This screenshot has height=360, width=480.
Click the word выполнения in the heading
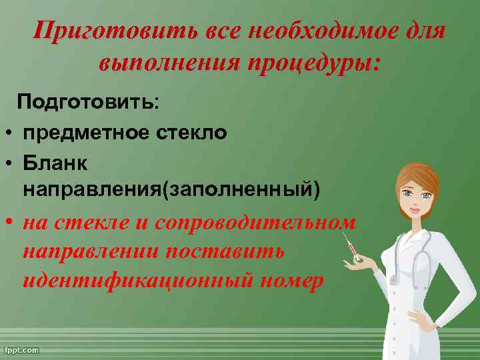pos(170,63)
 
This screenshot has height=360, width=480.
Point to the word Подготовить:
pos(89,103)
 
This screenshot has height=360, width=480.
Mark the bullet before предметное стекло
pos(10,133)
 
